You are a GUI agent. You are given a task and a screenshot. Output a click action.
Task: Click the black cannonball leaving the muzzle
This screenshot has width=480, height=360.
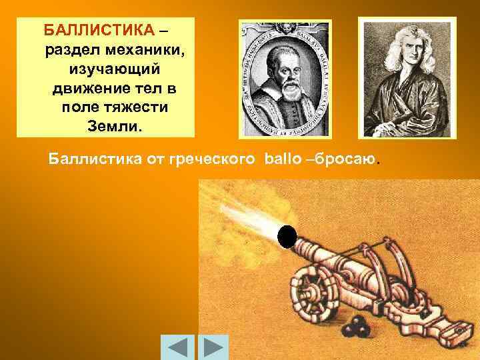pos(287,237)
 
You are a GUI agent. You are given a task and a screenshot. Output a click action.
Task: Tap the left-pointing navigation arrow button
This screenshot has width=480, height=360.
pos(178,347)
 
